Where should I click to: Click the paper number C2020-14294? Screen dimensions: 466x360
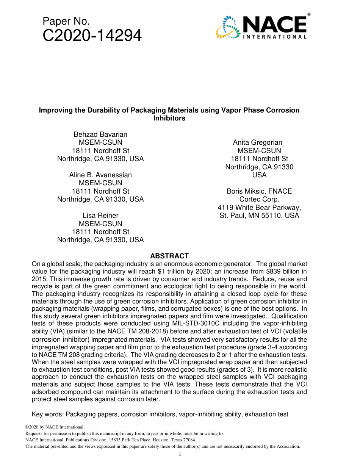pos(92,36)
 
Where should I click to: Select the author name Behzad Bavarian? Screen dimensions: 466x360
pos(100,134)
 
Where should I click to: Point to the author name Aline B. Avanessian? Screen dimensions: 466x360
pos(100,175)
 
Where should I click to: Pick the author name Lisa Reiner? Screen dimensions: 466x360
pos(100,216)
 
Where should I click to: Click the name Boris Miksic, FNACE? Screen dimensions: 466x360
pos(259,191)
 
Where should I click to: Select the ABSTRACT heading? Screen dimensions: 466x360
pos(169,256)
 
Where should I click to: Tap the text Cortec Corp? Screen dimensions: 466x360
pos(259,199)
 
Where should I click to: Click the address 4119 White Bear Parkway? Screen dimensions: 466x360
pos(259,208)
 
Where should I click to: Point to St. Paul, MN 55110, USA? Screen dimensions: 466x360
pos(259,216)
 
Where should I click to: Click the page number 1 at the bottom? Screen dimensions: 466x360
pos(180,454)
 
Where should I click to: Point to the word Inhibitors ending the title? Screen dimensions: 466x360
pos(169,118)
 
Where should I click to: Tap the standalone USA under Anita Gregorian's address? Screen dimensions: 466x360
pos(259,175)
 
